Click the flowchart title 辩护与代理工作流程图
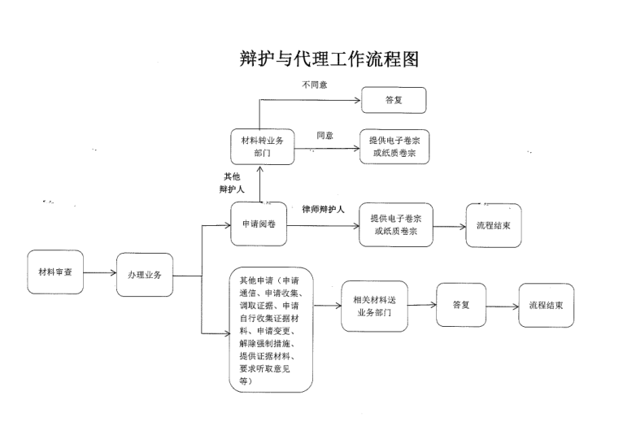coord(329,59)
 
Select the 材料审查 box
coord(54,272)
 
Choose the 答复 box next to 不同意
coord(394,100)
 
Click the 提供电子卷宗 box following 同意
coord(394,146)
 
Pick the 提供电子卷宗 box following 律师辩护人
coord(395,224)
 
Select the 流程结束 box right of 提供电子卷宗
coord(494,224)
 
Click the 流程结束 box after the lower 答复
coord(546,305)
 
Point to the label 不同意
coord(315,85)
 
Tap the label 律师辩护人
coord(323,210)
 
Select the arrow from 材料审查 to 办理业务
coord(99,273)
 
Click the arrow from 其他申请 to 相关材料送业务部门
coord(326,306)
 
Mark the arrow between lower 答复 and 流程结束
coord(502,306)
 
